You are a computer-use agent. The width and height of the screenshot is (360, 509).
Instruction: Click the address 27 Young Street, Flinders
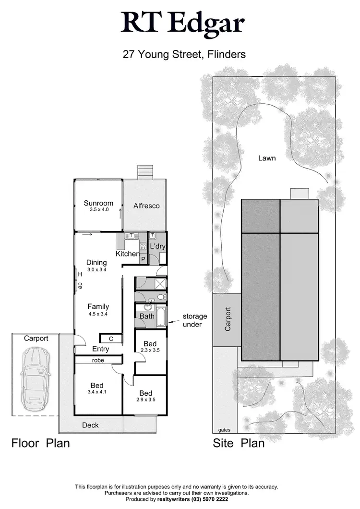pyautogui.click(x=184, y=54)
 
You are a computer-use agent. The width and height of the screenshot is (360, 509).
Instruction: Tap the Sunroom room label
pyautogui.click(x=98, y=203)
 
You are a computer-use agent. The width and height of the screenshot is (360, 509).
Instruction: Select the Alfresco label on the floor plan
pyautogui.click(x=146, y=206)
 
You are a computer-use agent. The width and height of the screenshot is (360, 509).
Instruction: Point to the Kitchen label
pyautogui.click(x=128, y=254)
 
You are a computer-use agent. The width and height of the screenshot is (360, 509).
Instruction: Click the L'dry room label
pyautogui.click(x=157, y=246)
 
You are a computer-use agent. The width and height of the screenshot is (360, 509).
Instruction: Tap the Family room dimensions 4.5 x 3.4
pyautogui.click(x=98, y=314)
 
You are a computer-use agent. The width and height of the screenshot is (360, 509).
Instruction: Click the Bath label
pyautogui.click(x=146, y=316)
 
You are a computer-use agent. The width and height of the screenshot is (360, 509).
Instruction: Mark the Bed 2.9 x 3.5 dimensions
pyautogui.click(x=146, y=399)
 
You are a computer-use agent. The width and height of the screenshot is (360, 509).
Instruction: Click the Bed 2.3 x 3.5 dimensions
pyautogui.click(x=150, y=351)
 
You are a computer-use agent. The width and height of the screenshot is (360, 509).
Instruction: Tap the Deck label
pyautogui.click(x=90, y=425)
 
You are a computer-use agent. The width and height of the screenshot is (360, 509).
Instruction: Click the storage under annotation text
pyautogui.click(x=194, y=320)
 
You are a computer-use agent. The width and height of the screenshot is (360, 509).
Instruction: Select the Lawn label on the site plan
pyautogui.click(x=267, y=158)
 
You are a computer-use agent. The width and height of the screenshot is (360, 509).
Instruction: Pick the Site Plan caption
pyautogui.click(x=239, y=443)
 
